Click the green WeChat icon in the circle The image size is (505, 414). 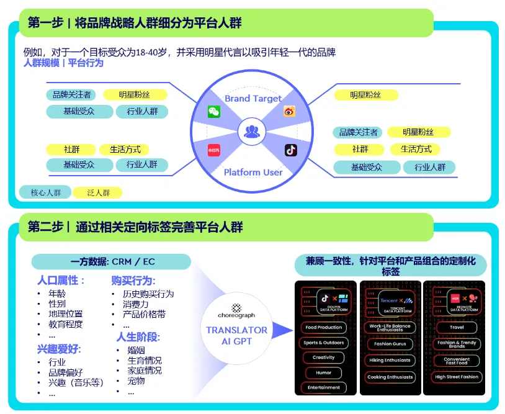coord(214,112)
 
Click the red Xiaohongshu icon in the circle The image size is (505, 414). coord(214,150)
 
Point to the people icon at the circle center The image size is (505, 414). coord(252,131)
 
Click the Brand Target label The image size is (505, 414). coord(253,98)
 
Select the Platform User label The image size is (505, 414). coord(253,172)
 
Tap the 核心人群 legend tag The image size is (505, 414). coord(45,192)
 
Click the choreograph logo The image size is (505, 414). coord(236,310)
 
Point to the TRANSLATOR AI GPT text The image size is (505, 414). coord(236,336)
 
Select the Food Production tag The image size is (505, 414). coord(323,327)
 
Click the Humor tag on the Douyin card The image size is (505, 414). coord(323,372)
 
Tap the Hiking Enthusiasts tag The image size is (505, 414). coord(390,360)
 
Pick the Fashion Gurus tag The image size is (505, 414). coord(390,343)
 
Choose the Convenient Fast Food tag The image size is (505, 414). coord(457,361)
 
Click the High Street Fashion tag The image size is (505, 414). coord(457,377)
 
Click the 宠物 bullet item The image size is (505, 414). coord(136,380)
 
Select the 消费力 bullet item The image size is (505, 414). coord(135,304)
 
